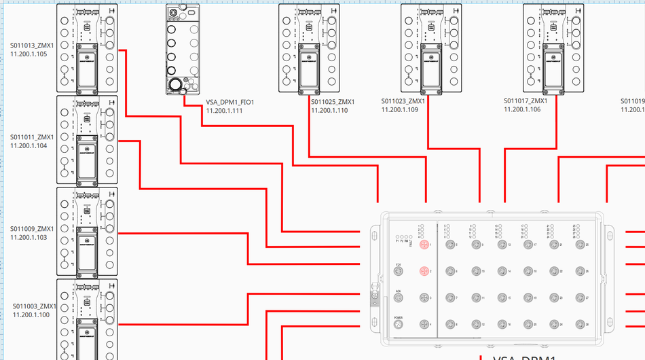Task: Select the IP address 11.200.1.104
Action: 29,145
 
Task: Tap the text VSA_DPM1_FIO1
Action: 230,103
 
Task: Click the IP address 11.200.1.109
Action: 400,109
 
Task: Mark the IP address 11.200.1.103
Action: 29,238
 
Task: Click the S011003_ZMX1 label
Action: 34,306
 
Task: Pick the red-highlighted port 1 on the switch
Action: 424,244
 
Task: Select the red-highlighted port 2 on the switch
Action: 424,271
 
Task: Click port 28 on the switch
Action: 579,325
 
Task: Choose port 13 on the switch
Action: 501,244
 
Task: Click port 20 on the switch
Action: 528,325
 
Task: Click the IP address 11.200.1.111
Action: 224,111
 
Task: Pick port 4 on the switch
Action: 424,325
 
